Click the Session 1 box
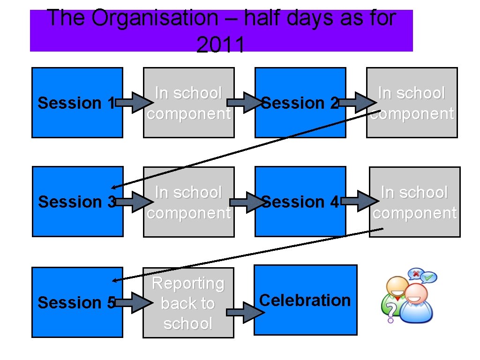click(x=77, y=102)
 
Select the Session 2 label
click(x=300, y=103)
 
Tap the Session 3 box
click(x=77, y=202)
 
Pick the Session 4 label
click(x=300, y=202)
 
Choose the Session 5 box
click(x=77, y=302)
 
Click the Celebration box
click(x=305, y=300)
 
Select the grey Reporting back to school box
click(x=188, y=303)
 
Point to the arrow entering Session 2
click(x=243, y=103)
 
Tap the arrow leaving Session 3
click(x=133, y=202)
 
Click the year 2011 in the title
click(x=220, y=45)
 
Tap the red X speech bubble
click(x=415, y=273)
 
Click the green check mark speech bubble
click(x=428, y=277)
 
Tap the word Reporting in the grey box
click(x=188, y=283)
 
